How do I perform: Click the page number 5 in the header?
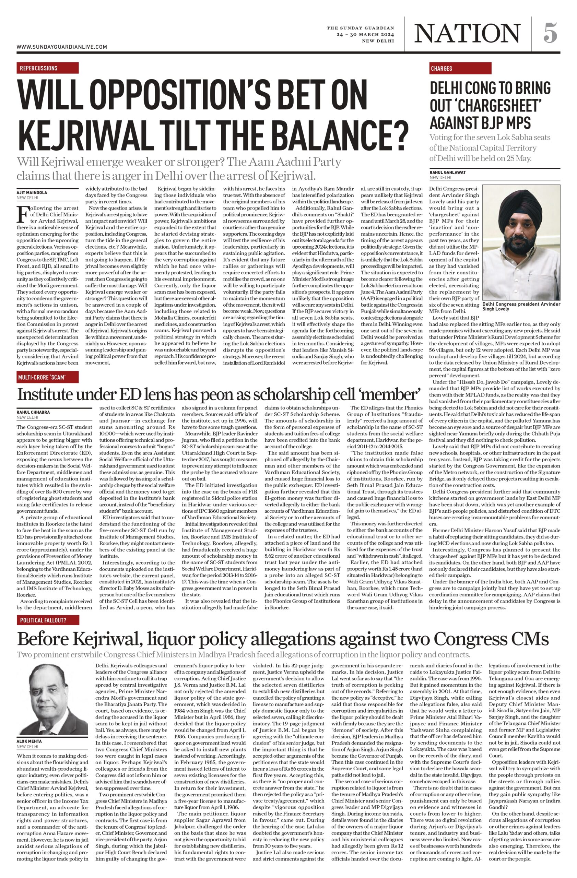550,33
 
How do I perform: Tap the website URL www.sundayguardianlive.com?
62,47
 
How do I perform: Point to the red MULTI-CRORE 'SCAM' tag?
48,377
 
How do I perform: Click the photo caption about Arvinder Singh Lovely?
520,306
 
